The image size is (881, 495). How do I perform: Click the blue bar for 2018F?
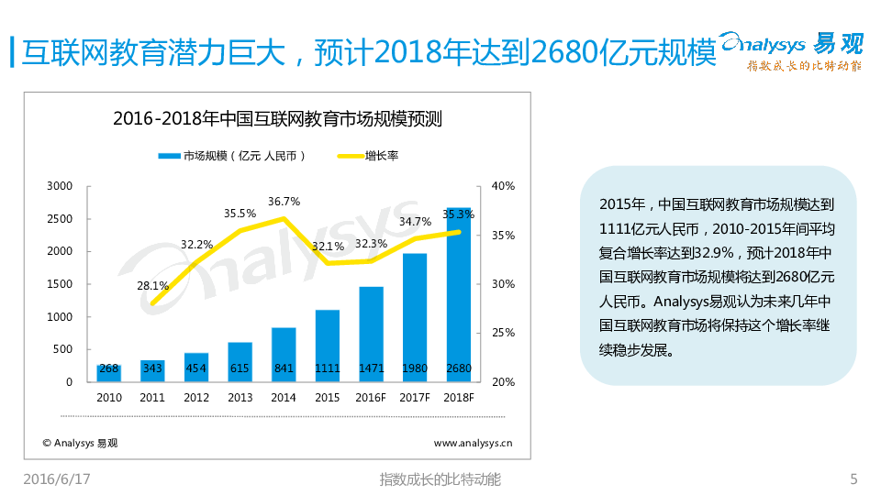coord(459,293)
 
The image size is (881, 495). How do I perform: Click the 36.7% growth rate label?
coord(284,202)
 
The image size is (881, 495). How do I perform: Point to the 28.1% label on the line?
coord(153,285)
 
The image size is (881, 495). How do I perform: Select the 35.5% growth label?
coord(240,214)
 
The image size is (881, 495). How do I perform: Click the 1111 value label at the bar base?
coord(328,369)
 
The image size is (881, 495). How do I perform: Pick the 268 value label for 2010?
coord(109,369)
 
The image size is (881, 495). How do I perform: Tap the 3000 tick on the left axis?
coord(60,186)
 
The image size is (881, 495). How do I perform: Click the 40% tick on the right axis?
coord(503,186)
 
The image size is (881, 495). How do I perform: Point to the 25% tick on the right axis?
coord(503,333)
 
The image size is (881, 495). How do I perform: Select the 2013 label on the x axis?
coord(240,398)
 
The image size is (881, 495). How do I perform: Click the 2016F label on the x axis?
coord(371,398)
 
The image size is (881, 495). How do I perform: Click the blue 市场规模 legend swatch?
coord(169,156)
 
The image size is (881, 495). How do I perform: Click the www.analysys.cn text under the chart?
coord(473,443)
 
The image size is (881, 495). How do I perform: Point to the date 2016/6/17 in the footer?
coord(56,479)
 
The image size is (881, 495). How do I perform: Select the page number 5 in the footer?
coord(853,479)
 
